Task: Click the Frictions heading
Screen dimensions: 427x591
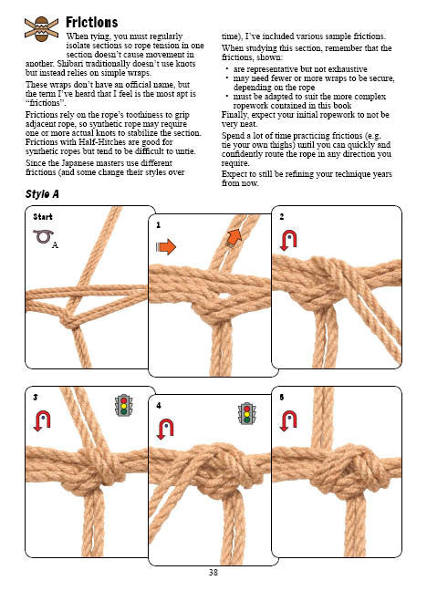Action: [91, 22]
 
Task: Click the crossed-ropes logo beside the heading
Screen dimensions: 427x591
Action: [41, 29]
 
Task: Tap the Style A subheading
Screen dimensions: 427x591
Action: [42, 194]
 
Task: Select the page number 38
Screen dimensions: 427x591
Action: [213, 572]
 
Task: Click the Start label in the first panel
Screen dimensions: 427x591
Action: [43, 217]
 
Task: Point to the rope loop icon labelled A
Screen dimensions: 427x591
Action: [44, 237]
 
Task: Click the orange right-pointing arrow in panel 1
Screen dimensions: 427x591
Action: [166, 247]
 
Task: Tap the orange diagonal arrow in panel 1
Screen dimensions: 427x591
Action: [234, 238]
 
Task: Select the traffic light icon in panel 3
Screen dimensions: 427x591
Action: [123, 405]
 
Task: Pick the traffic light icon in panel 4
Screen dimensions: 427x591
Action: [246, 413]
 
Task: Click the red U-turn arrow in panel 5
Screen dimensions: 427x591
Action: [288, 421]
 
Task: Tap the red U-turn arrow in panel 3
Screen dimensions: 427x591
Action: [42, 421]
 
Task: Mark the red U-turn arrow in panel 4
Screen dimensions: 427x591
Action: [165, 430]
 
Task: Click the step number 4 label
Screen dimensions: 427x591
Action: [159, 406]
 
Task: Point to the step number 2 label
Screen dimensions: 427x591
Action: [282, 217]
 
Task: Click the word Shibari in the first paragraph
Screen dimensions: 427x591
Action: [69, 64]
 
